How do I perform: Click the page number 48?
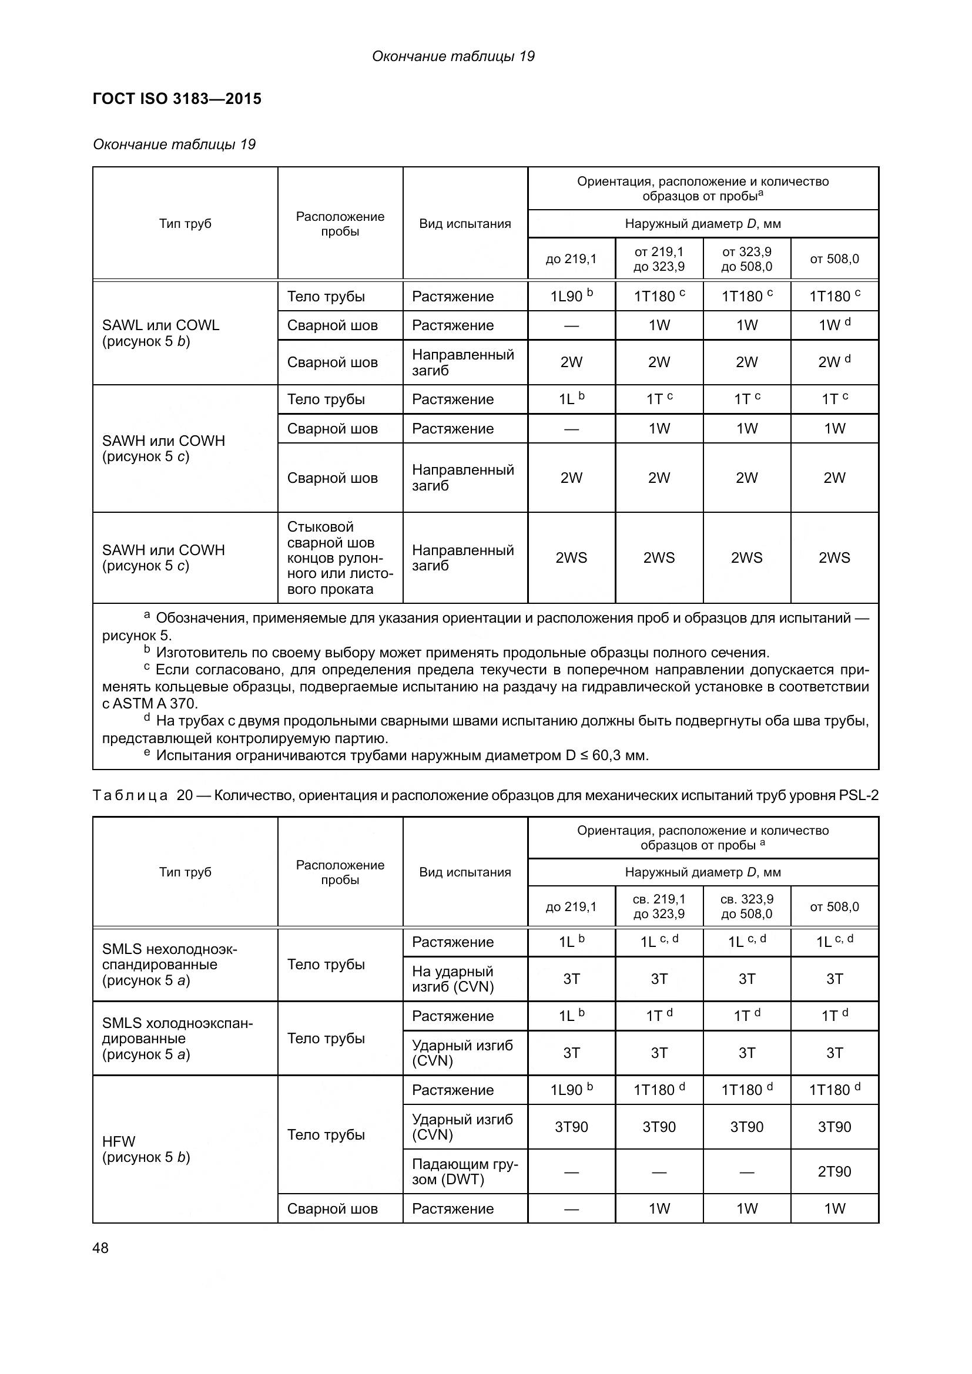(100, 1248)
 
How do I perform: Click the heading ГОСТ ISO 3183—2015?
(177, 99)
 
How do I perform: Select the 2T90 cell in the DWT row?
(834, 1171)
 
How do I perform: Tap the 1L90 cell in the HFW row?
(572, 1089)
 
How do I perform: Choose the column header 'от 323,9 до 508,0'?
(746, 258)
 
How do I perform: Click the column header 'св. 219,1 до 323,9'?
(659, 906)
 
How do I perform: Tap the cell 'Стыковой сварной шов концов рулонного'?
(340, 557)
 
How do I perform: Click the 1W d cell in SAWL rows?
(834, 325)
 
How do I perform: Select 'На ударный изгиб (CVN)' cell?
(453, 979)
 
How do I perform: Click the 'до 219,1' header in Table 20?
(572, 906)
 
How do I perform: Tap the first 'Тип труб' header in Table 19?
(185, 223)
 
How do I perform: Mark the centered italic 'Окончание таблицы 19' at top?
(453, 56)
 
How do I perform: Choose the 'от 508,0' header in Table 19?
(834, 258)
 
